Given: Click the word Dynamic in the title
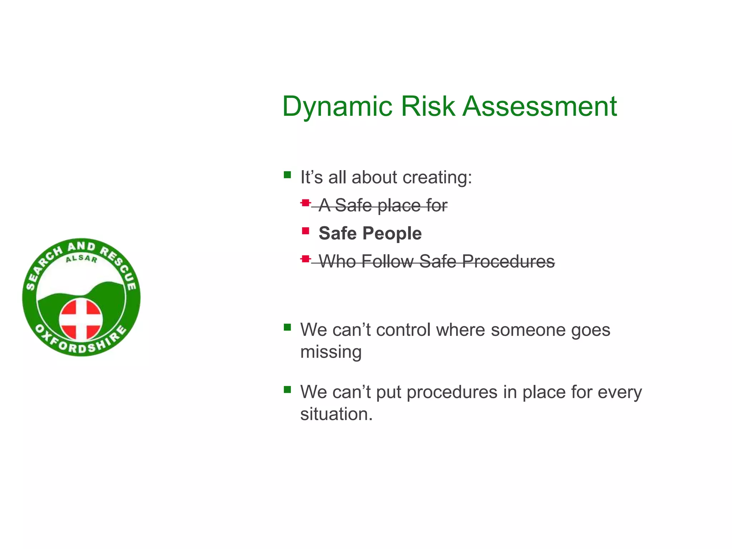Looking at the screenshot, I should pos(337,107).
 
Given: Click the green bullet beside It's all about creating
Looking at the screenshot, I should pos(287,175).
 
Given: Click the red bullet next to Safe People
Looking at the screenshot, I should pos(305,231).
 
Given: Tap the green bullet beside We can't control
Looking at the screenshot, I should pos(287,327).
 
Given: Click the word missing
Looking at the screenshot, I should pos(331,352).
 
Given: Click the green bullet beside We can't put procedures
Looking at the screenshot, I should pos(287,389).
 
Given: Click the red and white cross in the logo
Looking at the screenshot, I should pos(81,319).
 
